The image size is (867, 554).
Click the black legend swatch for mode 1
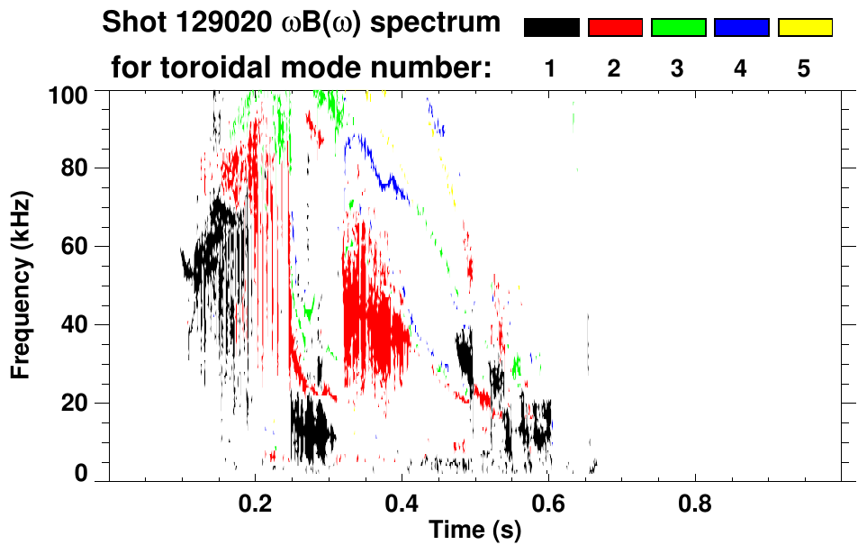click(x=551, y=28)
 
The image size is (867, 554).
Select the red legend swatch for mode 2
click(x=615, y=28)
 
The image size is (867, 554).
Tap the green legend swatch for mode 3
click(x=678, y=28)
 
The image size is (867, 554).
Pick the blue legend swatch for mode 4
click(x=741, y=28)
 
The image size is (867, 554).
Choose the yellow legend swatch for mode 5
click(x=804, y=28)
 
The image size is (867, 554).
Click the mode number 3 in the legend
click(x=678, y=68)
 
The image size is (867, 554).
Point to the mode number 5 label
click(x=804, y=68)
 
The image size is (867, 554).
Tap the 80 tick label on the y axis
click(x=77, y=168)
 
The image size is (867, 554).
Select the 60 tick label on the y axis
click(x=77, y=246)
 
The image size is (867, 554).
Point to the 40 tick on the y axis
click(x=77, y=324)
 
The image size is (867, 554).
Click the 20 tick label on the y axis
click(x=77, y=403)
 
